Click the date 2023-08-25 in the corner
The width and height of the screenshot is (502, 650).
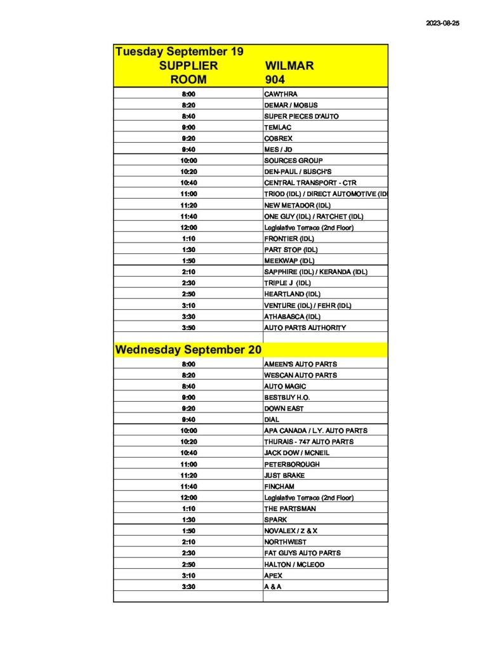[442, 22]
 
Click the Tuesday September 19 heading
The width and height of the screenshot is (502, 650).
[179, 51]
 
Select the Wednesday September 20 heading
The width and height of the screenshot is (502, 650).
[188, 350]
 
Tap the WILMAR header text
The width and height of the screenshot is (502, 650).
[289, 65]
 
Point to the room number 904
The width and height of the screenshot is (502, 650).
[275, 79]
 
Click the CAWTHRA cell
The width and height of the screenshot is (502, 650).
[281, 94]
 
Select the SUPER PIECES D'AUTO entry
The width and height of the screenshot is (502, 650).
[301, 116]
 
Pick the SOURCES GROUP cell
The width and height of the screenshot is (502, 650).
[293, 161]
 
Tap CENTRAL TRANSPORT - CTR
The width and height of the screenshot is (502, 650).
[310, 183]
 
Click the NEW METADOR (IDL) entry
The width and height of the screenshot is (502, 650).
[297, 205]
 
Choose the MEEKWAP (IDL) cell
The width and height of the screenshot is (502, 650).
[289, 261]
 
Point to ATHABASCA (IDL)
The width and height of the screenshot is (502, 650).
[292, 316]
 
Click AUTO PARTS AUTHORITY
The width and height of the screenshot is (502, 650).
[305, 328]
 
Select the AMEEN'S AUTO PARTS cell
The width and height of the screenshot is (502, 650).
[300, 364]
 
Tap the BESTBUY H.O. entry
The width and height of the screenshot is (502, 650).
[287, 397]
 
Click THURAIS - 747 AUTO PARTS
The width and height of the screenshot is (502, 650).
[308, 442]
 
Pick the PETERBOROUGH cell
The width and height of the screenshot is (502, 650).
[292, 464]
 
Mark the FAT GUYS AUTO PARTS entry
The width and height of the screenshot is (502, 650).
[302, 553]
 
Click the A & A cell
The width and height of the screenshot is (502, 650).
[273, 587]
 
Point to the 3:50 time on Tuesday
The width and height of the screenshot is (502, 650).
[188, 328]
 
